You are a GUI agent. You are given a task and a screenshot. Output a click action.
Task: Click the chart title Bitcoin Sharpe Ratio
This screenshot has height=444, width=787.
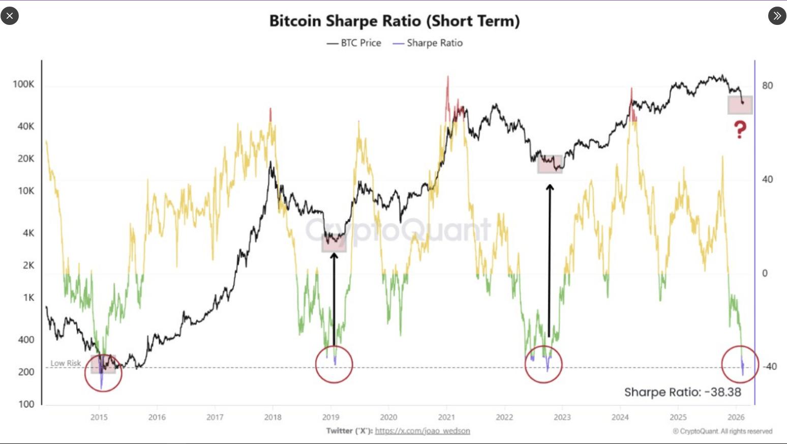coord(394,21)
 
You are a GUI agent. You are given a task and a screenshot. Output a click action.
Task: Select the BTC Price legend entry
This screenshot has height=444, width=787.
coord(354,43)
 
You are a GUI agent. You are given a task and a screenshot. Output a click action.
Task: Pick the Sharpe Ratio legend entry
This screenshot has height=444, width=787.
coord(428,43)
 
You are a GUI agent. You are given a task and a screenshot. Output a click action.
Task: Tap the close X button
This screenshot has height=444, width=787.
coord(10,16)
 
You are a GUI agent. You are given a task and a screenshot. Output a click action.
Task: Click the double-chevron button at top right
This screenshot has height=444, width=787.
coord(777,16)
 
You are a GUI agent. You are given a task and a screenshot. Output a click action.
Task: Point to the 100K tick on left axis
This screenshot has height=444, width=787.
coord(23,84)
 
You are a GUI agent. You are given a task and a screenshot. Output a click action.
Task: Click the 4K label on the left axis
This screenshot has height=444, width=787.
coord(28,233)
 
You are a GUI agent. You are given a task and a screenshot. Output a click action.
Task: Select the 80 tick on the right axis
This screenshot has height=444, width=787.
coord(767,85)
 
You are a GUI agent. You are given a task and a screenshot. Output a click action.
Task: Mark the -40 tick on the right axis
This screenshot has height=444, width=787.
coord(770,366)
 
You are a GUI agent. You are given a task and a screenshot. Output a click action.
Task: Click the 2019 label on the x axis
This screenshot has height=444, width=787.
coord(331,417)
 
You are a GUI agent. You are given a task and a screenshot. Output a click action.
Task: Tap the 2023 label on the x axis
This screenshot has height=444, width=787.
coord(562,417)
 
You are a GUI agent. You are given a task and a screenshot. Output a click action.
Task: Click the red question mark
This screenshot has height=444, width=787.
coord(740,130)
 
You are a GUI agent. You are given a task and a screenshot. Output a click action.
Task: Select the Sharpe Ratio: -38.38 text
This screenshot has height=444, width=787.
coord(682,392)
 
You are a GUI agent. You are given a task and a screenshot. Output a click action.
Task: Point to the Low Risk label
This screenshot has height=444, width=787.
coord(66,363)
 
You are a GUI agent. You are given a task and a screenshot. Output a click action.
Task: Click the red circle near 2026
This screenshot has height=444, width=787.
coord(740,364)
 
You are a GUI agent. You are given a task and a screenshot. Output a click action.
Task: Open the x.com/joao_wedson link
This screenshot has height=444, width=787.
coord(422,431)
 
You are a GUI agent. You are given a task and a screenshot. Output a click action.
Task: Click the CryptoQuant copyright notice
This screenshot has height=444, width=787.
coord(722,431)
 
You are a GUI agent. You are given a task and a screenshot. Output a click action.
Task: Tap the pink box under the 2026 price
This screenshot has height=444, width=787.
coord(740,105)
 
